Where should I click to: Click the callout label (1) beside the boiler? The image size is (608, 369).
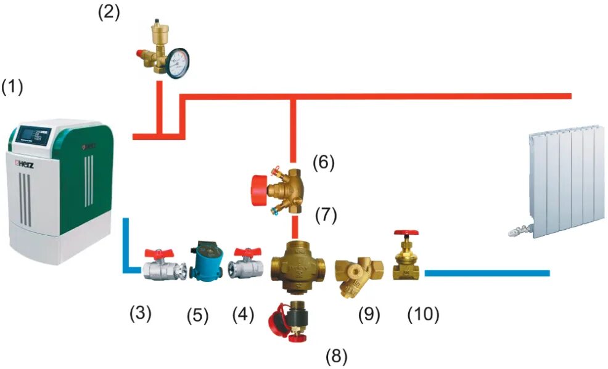click(x=12, y=87)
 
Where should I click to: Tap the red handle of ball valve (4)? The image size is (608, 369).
click(x=247, y=251)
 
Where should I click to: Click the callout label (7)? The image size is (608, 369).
click(x=326, y=216)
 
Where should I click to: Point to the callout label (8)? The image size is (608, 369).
click(x=337, y=355)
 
